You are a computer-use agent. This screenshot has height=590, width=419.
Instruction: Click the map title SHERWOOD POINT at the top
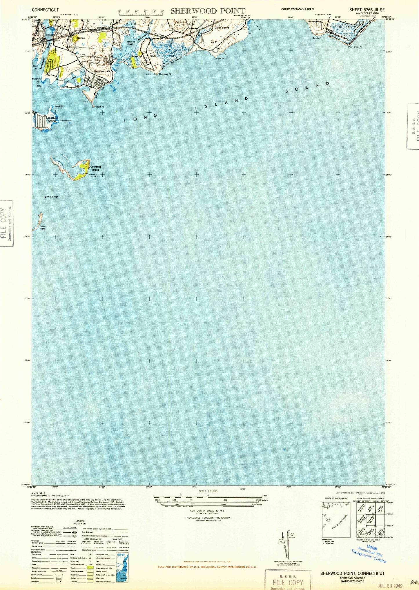tap(208, 11)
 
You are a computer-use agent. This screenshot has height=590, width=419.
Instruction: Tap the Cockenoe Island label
tap(96, 168)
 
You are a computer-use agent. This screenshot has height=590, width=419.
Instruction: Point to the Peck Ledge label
tap(52, 197)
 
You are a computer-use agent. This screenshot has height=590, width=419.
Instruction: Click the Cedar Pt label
tap(99, 107)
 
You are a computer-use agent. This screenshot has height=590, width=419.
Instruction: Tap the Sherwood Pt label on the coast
tap(165, 74)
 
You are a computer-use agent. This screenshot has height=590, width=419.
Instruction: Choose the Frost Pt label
tap(220, 59)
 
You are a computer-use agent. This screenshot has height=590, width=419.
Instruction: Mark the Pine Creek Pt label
tap(355, 47)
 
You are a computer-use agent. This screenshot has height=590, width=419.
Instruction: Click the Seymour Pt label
tap(66, 120)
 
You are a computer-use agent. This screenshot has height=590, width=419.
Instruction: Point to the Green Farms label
tap(222, 28)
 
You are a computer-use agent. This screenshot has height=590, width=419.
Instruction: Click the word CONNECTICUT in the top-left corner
tap(45, 10)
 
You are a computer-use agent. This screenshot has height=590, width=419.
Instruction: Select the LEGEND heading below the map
tap(80, 520)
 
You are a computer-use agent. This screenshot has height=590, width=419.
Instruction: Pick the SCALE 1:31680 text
tap(208, 491)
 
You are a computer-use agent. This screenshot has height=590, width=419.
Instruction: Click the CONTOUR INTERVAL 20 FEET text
tap(208, 511)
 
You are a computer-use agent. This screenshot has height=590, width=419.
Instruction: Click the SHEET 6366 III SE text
tap(367, 10)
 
